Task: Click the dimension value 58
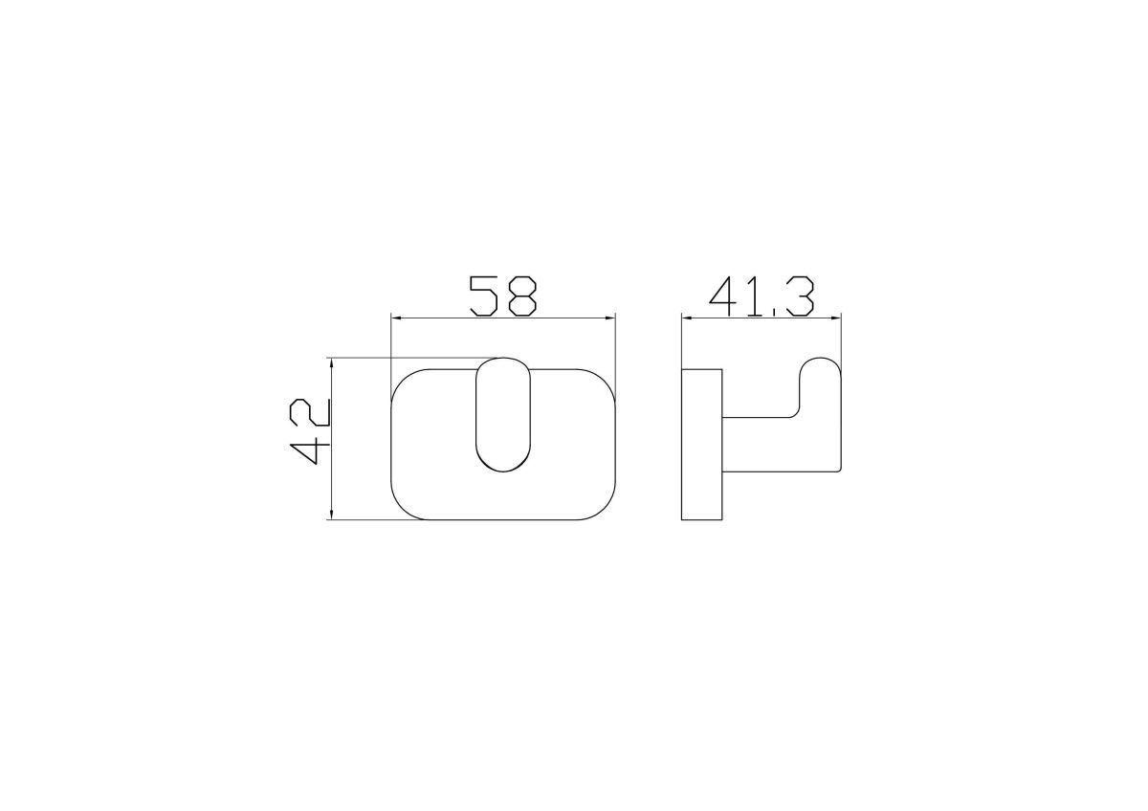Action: click(x=503, y=296)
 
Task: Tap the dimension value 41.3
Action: click(x=762, y=296)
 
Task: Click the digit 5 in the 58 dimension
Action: click(x=483, y=296)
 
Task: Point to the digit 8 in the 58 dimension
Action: click(x=522, y=296)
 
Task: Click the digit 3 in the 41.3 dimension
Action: click(x=800, y=296)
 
